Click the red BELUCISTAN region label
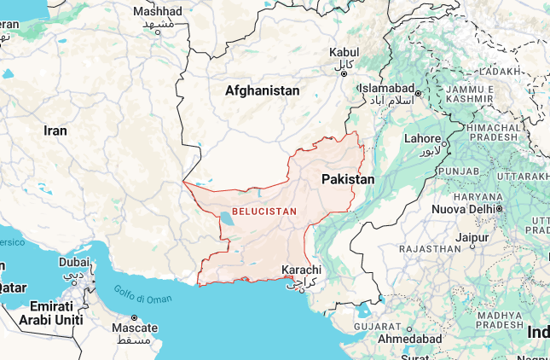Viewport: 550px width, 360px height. pyautogui.click(x=264, y=211)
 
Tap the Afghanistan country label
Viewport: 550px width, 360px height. pyautogui.click(x=262, y=90)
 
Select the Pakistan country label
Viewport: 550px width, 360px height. pyautogui.click(x=347, y=179)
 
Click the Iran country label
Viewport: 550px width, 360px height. pyautogui.click(x=55, y=131)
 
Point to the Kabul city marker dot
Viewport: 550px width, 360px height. pyautogui.click(x=344, y=73)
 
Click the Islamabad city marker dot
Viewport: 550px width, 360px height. pyautogui.click(x=419, y=91)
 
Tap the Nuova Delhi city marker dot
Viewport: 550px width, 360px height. pyautogui.click(x=499, y=208)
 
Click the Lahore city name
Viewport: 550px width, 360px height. pyautogui.click(x=422, y=138)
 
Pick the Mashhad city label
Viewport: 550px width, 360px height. pyautogui.click(x=158, y=12)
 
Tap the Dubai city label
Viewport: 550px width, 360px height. pyautogui.click(x=74, y=262)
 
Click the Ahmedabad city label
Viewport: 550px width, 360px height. pyautogui.click(x=411, y=339)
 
